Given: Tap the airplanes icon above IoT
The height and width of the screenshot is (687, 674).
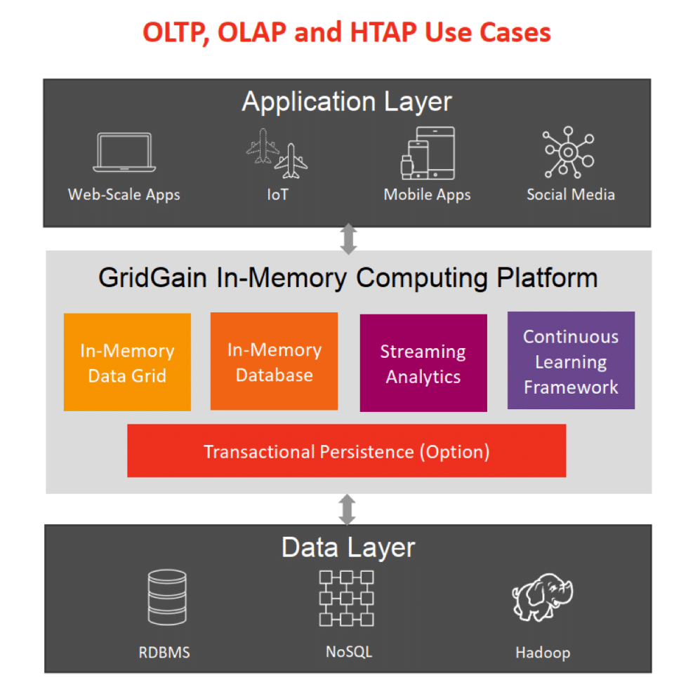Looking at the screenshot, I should [277, 153].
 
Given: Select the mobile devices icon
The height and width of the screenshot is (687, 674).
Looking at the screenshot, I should [428, 152].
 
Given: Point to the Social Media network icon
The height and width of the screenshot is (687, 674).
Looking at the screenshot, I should [569, 152].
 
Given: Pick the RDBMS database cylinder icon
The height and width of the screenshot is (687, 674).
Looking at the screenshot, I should [168, 598].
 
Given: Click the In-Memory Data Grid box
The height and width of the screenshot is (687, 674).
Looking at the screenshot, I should [127, 362].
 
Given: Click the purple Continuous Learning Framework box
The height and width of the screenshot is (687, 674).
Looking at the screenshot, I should [571, 361].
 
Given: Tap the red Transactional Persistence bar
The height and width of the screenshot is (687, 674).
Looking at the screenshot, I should [346, 451].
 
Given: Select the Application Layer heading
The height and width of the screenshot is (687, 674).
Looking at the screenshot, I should [347, 102].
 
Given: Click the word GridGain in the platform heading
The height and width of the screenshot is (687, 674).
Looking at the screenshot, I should [152, 278].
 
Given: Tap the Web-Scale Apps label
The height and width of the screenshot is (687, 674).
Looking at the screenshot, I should [124, 194].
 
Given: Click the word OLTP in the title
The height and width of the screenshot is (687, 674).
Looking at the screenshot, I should [173, 32].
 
